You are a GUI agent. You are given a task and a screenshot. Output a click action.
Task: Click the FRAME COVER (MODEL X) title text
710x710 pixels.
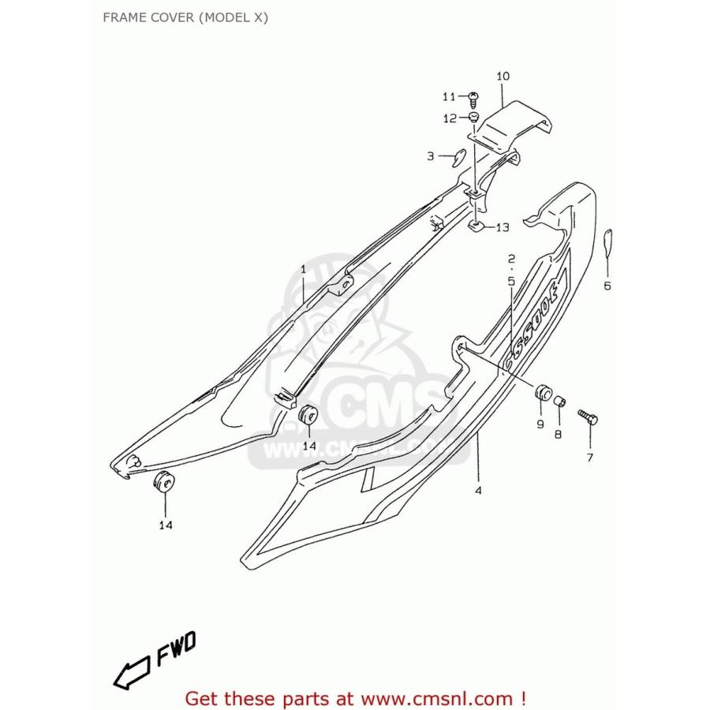(185, 17)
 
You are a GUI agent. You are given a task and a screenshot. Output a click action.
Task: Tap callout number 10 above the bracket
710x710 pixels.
(503, 77)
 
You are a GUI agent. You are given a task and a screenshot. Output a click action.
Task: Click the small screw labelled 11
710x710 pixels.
(473, 97)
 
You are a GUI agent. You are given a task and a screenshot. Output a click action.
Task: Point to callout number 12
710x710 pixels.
(450, 118)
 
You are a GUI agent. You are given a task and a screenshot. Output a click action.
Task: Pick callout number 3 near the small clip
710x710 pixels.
(431, 156)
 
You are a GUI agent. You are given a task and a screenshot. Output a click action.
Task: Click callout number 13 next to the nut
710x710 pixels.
(502, 227)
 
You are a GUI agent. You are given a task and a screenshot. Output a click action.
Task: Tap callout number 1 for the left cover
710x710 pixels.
(303, 270)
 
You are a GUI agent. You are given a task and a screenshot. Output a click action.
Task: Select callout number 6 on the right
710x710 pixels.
(607, 286)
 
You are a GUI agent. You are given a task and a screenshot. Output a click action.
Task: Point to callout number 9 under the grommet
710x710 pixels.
(540, 424)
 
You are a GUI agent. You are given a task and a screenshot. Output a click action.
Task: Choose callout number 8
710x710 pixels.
(558, 434)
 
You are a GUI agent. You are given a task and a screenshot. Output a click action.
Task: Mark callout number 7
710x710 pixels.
(589, 457)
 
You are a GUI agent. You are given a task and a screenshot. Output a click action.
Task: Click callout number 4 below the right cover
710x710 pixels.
(478, 490)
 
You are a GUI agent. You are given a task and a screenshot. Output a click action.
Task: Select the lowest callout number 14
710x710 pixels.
(166, 525)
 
